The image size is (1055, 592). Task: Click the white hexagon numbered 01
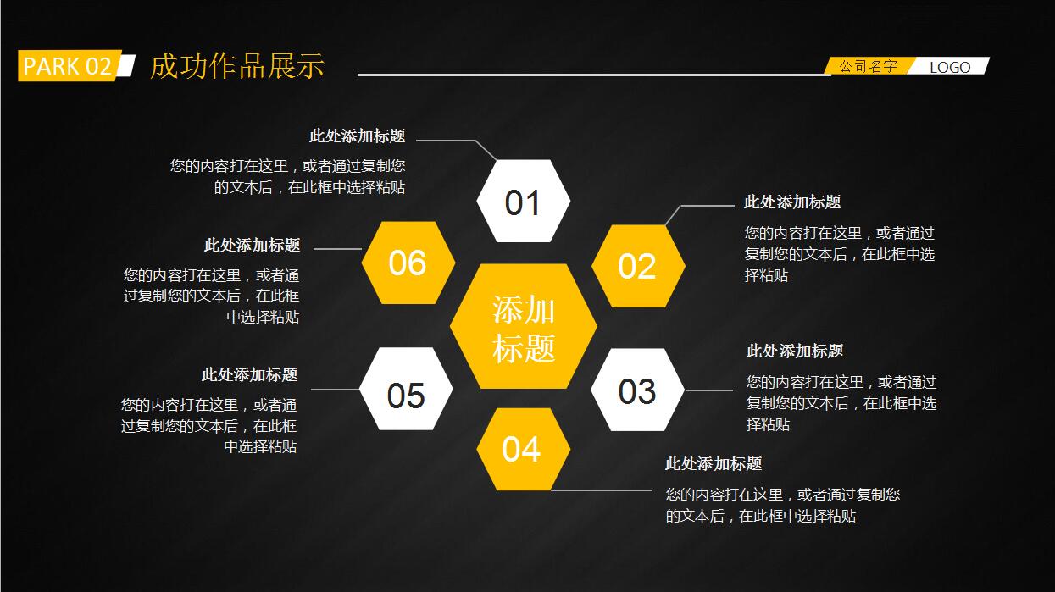[523, 202]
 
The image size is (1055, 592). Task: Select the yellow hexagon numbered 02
[637, 266]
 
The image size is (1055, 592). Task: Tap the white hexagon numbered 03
[637, 390]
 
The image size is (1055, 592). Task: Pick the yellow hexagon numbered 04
[521, 449]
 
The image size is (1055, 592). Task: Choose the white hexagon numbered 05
[406, 394]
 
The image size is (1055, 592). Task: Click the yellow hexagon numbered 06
[408, 263]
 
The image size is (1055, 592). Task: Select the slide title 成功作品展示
[237, 66]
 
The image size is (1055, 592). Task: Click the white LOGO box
[950, 67]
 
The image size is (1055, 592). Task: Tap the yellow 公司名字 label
[868, 66]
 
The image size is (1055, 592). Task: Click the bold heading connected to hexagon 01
[357, 136]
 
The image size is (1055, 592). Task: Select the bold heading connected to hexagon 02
[792, 202]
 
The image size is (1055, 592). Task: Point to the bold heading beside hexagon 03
[795, 351]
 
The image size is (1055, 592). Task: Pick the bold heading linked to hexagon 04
[714, 463]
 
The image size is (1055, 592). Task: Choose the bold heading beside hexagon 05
[249, 374]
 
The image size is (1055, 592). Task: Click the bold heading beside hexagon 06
[252, 246]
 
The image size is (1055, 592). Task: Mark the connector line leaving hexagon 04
[602, 490]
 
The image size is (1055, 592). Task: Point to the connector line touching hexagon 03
[708, 390]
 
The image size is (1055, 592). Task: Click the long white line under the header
[593, 75]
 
